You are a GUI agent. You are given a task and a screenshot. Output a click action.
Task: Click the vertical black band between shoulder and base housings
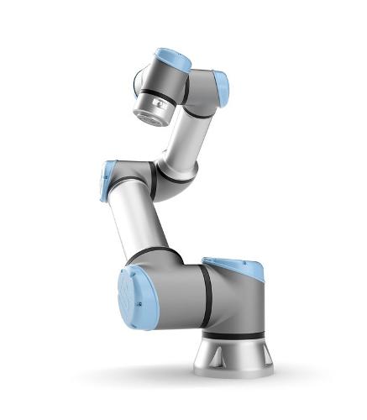pos(206,296)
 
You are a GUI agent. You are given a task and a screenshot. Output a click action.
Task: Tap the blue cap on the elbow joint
pos(107,181)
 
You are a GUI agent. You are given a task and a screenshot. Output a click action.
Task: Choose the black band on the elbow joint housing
pos(154,179)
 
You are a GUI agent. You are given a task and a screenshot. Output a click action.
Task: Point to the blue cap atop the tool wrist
pos(174,60)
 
